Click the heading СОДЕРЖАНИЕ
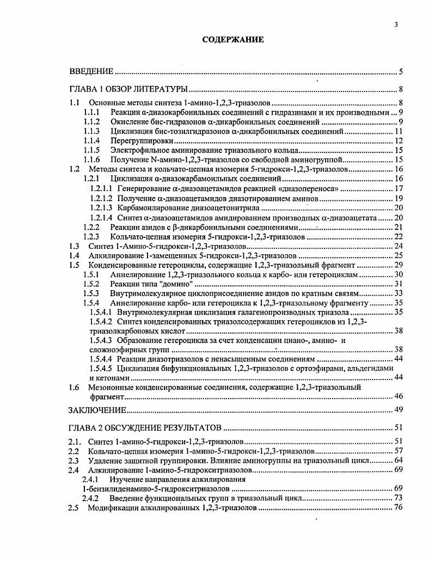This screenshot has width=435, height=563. point(233,40)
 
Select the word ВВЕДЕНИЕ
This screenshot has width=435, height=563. point(91,71)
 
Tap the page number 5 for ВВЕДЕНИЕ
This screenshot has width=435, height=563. point(400,71)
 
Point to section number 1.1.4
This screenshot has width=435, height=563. point(91,140)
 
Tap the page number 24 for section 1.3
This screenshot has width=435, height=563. point(398,246)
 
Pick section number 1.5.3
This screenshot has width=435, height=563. point(91,293)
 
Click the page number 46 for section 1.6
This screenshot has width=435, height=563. point(398,396)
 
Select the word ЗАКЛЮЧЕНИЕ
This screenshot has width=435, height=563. point(98,409)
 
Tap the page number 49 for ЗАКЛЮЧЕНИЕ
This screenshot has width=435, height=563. point(398,409)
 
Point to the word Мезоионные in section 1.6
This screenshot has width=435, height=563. point(111,387)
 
